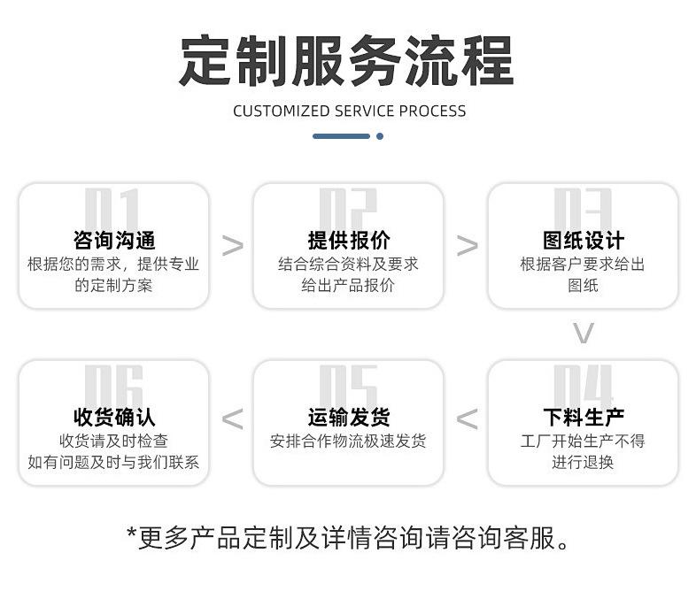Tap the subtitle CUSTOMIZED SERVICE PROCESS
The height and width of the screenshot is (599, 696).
(x=349, y=111)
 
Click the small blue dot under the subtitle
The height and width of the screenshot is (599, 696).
(x=380, y=136)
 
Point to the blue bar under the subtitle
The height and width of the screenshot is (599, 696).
(x=341, y=136)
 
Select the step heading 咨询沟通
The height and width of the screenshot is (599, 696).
(x=114, y=240)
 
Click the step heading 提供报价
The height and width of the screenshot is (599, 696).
(x=348, y=240)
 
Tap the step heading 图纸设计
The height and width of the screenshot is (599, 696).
(x=583, y=240)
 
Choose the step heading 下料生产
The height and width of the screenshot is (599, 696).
(x=583, y=417)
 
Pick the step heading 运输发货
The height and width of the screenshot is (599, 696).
(x=348, y=417)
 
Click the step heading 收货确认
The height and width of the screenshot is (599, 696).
(x=114, y=417)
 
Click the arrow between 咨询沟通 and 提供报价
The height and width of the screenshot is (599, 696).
(x=232, y=245)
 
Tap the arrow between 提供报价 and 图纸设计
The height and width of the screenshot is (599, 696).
(x=467, y=245)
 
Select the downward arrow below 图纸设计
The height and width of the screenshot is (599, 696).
(x=583, y=334)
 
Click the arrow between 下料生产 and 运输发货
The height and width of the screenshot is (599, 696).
(x=467, y=419)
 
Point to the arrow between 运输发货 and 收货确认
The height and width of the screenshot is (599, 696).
(x=232, y=419)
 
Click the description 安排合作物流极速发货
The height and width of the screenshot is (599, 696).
(x=348, y=441)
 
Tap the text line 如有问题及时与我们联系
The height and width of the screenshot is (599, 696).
(x=114, y=462)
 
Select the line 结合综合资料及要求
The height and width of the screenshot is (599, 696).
(x=348, y=264)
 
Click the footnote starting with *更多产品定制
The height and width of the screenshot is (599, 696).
(x=348, y=537)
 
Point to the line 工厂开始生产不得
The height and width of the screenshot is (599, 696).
(x=583, y=441)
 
